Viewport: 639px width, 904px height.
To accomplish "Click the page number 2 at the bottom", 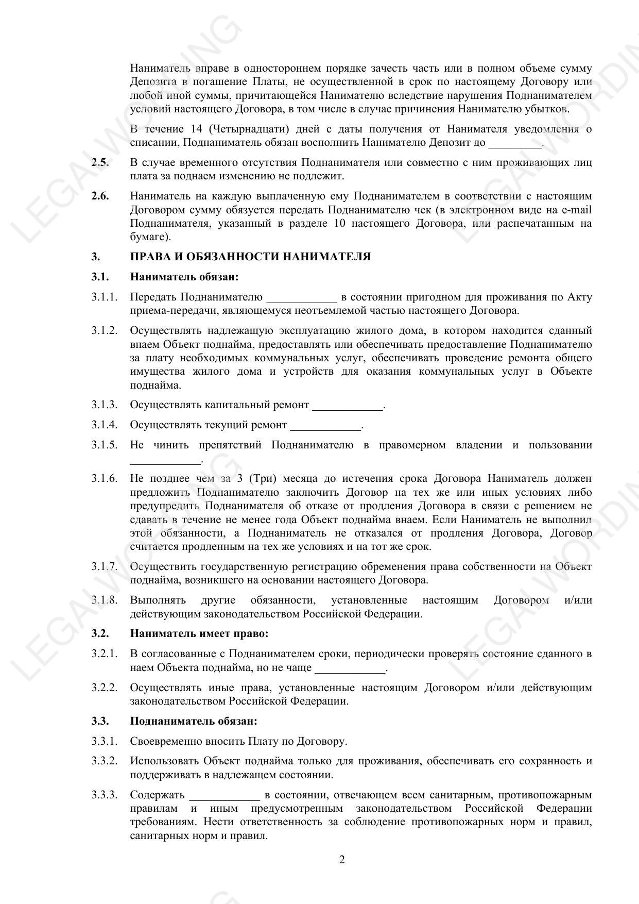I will pyautogui.click(x=342, y=860).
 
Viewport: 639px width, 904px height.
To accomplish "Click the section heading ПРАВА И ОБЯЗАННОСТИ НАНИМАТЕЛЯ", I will pyautogui.click(x=250, y=257).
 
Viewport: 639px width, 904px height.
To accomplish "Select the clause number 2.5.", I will pyautogui.click(x=100, y=163).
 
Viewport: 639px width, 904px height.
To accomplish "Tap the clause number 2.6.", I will pyautogui.click(x=100, y=196).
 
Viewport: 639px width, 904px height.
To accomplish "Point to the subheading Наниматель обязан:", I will pyautogui.click(x=184, y=277).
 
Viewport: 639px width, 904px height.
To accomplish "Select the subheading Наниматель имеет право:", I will pyautogui.click(x=199, y=633).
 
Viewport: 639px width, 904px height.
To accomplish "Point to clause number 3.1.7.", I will pyautogui.click(x=105, y=567).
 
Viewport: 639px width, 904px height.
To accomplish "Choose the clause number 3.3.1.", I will pyautogui.click(x=105, y=741).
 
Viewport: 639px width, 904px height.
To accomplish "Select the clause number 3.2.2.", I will pyautogui.click(x=105, y=688).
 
